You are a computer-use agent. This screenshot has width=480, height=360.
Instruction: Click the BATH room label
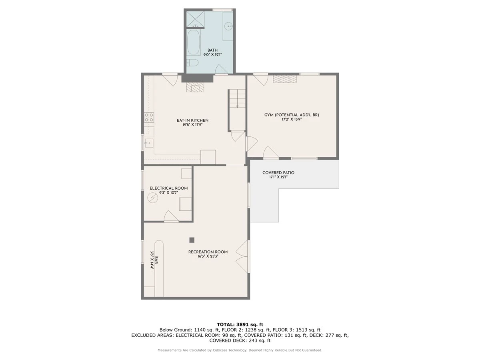pyautogui.click(x=212, y=50)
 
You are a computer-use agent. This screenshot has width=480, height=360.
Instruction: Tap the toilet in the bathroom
pyautogui.click(x=193, y=63)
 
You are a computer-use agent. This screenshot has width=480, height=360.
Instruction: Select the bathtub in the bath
pyautogui.click(x=194, y=42)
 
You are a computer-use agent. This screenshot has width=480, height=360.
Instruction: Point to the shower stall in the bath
pyautogui.click(x=195, y=20)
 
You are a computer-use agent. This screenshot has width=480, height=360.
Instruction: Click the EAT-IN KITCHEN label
pyautogui.click(x=192, y=120)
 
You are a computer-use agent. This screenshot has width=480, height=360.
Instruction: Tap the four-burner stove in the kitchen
pyautogui.click(x=149, y=117)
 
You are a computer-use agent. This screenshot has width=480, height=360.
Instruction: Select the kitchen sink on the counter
pyautogui.click(x=149, y=143)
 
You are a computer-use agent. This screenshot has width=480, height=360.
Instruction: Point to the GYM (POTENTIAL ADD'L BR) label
pyautogui.click(x=292, y=115)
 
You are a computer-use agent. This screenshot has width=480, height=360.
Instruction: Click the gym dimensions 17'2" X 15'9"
pyautogui.click(x=292, y=120)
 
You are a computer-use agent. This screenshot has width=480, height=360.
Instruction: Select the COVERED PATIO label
pyautogui.click(x=278, y=173)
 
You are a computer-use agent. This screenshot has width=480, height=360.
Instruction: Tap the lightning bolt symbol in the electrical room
pyautogui.click(x=153, y=198)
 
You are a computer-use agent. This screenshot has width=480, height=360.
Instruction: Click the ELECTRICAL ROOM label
pyautogui.click(x=169, y=188)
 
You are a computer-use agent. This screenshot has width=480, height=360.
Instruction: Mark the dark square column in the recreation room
pyautogui.click(x=192, y=240)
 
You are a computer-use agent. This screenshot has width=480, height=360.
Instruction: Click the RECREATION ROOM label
pyautogui.click(x=208, y=252)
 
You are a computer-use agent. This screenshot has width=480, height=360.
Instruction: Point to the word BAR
pyautogui.click(x=156, y=260)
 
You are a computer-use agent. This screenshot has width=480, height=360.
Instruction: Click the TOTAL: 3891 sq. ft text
pyautogui.click(x=240, y=324)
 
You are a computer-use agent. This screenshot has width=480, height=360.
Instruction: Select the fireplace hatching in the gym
pyautogui.click(x=284, y=79)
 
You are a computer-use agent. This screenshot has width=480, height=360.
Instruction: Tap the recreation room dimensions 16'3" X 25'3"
pyautogui.click(x=208, y=256)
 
